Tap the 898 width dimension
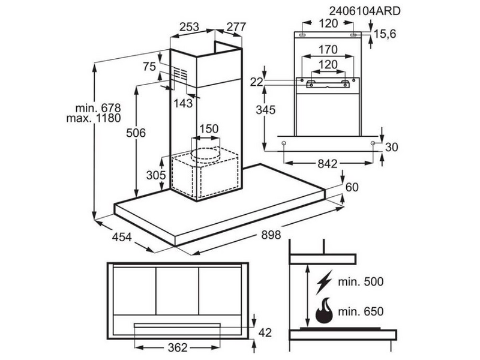point(271,236)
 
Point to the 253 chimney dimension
point(189,26)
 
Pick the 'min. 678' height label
point(98,108)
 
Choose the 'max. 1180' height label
point(94,118)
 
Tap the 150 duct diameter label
point(208,129)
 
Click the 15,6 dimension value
point(385,35)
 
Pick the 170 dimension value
point(328,49)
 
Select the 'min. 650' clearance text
point(360,312)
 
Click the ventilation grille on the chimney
point(179,75)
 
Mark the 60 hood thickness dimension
point(352,188)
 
